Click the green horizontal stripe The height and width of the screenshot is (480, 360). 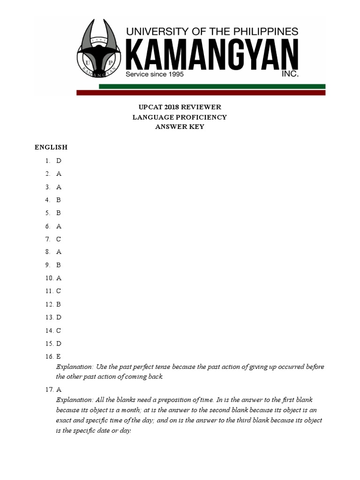point(212,86)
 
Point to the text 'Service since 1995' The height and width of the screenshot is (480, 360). point(154,74)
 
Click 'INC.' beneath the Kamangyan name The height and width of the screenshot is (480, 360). point(289,74)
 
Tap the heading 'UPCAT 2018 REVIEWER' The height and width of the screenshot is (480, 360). point(180,107)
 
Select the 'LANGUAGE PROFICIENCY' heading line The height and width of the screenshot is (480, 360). point(180,117)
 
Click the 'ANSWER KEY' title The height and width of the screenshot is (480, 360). point(180,127)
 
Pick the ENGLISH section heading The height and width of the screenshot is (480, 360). point(51,147)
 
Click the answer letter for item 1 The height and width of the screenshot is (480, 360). point(59,161)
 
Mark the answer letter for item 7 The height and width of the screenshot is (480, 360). point(59,239)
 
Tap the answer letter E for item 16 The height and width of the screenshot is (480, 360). point(59,357)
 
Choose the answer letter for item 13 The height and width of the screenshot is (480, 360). point(59,317)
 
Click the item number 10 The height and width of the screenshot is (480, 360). point(49,278)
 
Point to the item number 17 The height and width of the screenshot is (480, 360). point(49,390)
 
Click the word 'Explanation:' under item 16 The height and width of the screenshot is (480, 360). point(75,367)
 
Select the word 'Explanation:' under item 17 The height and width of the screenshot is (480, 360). point(75,400)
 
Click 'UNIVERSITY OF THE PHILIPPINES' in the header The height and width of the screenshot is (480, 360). point(212,31)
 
